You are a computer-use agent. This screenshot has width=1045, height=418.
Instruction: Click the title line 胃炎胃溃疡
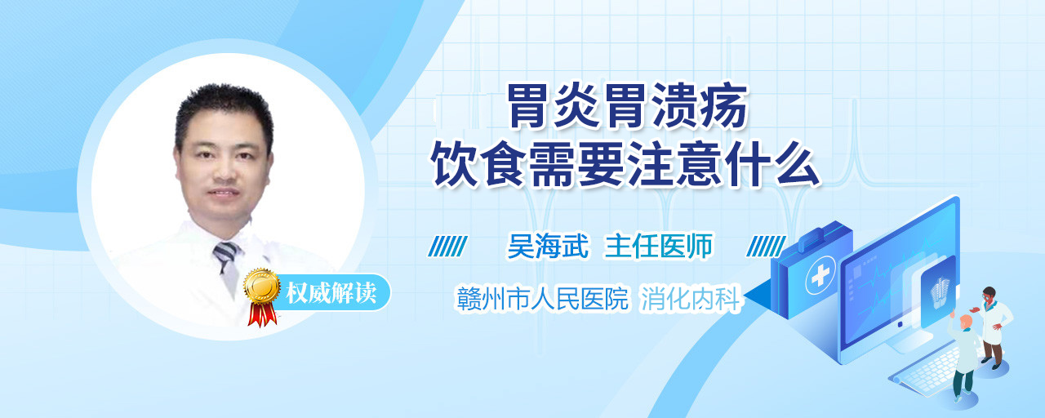[x=627, y=106]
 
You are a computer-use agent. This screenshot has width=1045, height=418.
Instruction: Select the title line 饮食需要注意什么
[x=625, y=165]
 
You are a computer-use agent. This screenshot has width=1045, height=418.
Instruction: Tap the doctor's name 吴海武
[x=548, y=246]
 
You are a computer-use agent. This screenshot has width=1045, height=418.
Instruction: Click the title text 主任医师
[x=658, y=246]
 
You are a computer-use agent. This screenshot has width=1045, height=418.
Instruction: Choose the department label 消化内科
[x=691, y=299]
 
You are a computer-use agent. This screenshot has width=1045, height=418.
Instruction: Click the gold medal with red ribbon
[x=262, y=296]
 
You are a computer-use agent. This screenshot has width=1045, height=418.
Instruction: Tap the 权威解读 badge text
[x=331, y=293]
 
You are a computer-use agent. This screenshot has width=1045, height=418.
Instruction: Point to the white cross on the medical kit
[x=820, y=276]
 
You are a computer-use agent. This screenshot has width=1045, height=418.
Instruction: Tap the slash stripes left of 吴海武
[x=447, y=247]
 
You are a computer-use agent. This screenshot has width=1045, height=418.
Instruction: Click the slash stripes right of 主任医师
[x=766, y=247]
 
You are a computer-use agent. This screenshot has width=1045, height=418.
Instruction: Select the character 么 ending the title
[x=798, y=165]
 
